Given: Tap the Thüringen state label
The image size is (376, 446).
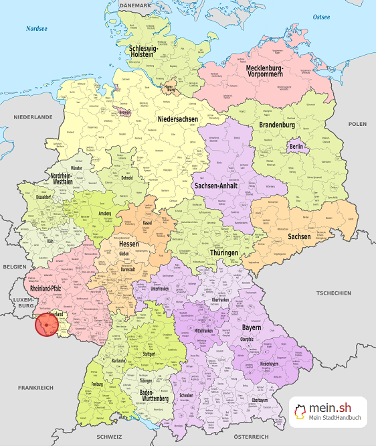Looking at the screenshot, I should [223, 252].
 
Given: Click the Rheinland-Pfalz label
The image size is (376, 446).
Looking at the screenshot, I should [50, 288].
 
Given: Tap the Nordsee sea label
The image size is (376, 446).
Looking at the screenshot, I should [37, 29].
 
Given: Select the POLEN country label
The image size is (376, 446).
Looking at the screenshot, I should [357, 124].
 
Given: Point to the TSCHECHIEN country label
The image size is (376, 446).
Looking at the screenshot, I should [334, 293].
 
